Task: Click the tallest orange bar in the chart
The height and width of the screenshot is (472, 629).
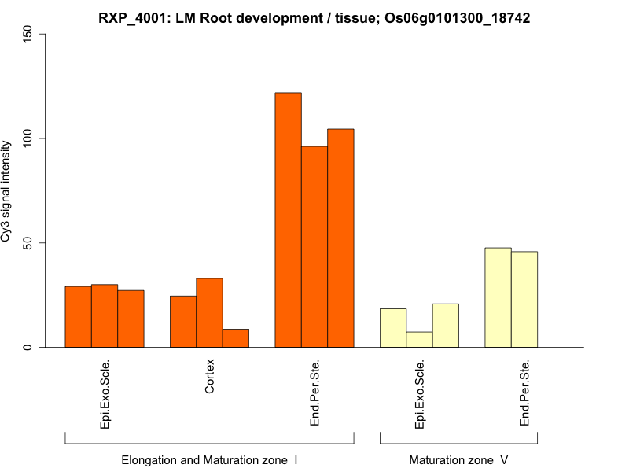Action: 288,220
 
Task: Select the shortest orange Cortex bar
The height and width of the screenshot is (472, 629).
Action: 236,338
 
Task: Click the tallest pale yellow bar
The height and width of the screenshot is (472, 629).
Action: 498,297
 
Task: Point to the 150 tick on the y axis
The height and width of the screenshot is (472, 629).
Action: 28,34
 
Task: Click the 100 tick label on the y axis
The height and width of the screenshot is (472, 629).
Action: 28,138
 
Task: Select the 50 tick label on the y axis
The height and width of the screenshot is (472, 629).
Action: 28,243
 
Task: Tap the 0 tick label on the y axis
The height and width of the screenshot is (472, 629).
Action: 28,347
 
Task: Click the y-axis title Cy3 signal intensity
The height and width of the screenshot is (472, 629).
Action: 7,191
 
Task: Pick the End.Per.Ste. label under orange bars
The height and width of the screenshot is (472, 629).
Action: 314,393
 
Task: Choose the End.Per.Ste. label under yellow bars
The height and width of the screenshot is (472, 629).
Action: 524,393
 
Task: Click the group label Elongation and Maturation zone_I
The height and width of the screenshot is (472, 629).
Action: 209,459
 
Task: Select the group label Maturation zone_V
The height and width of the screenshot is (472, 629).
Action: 458,459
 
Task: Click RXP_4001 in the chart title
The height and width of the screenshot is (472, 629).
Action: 132,17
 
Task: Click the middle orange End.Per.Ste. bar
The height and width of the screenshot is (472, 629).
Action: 314,247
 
